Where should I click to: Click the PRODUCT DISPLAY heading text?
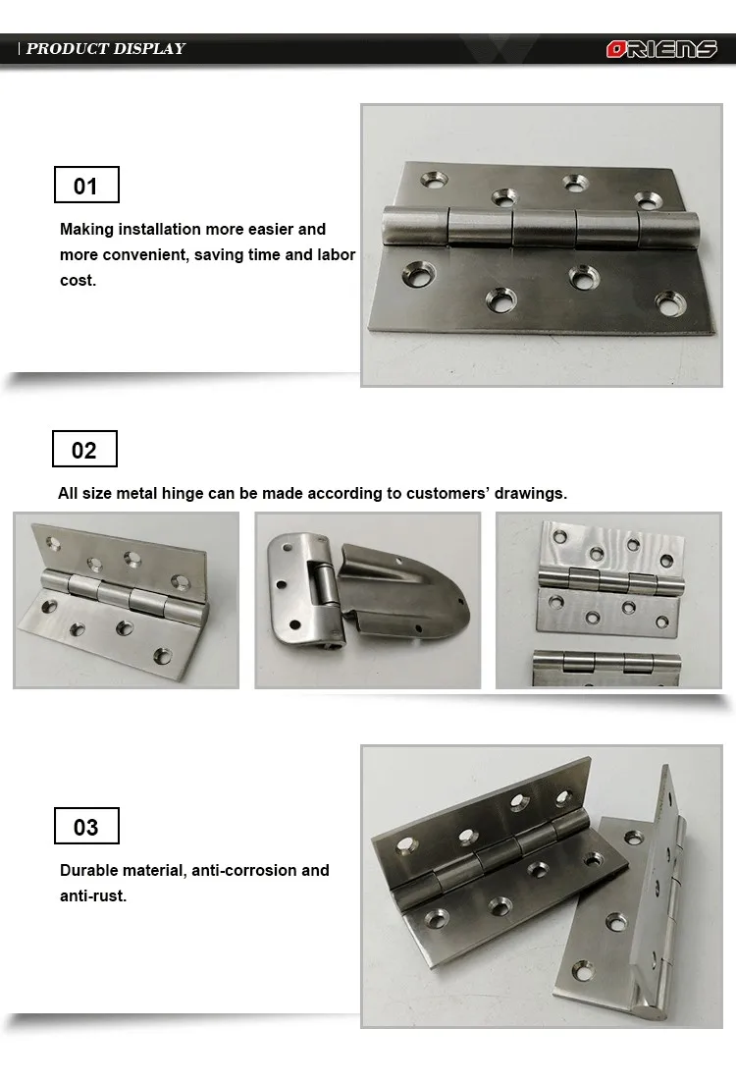coord(105,48)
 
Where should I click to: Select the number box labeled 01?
coord(86,186)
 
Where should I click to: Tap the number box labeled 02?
coord(84,450)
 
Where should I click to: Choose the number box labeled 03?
coord(86,827)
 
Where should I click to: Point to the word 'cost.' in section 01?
coord(78,280)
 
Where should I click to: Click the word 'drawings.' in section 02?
coord(532,493)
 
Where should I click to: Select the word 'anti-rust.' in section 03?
coord(93,895)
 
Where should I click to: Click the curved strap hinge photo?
coord(368,600)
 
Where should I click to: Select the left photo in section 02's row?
coord(126,600)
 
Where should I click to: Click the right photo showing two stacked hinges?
coord(608,600)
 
